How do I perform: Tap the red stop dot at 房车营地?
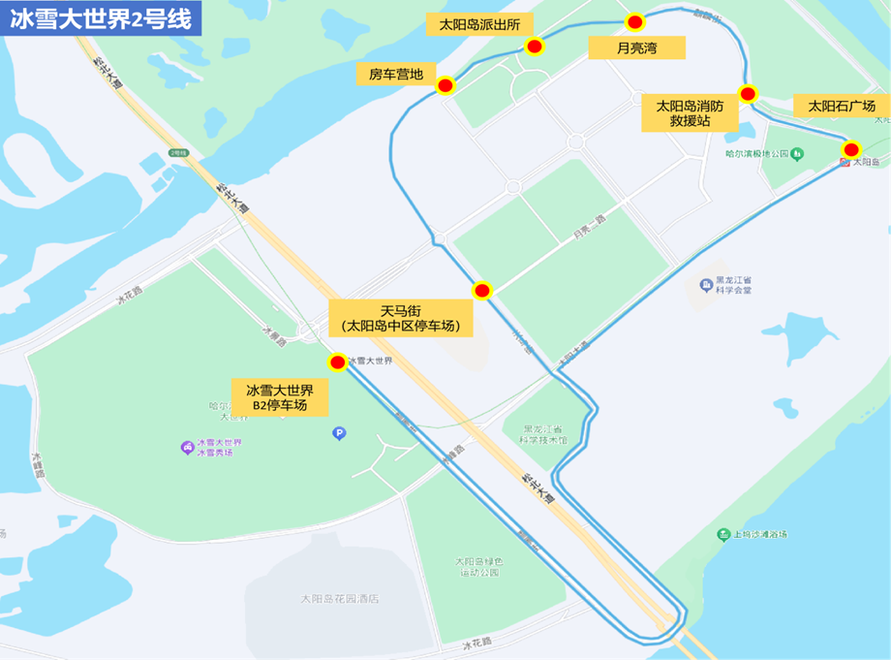pyautogui.click(x=445, y=85)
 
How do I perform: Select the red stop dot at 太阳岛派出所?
pyautogui.click(x=534, y=47)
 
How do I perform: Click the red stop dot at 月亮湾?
pyautogui.click(x=634, y=22)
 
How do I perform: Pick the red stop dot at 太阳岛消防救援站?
pyautogui.click(x=748, y=94)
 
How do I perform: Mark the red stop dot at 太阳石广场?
pyautogui.click(x=851, y=149)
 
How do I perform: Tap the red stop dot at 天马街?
pyautogui.click(x=482, y=290)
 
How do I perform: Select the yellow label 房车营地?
pyautogui.click(x=396, y=74)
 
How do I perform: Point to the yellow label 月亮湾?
pyautogui.click(x=637, y=47)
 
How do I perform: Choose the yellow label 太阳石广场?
pyautogui.click(x=841, y=106)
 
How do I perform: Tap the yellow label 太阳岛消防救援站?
pyautogui.click(x=690, y=113)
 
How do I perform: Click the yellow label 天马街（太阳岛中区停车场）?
pyautogui.click(x=401, y=318)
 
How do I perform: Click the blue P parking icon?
pyautogui.click(x=339, y=433)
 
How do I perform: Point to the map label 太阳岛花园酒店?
pyautogui.click(x=339, y=598)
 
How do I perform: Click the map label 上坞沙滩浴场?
pyautogui.click(x=759, y=534)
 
